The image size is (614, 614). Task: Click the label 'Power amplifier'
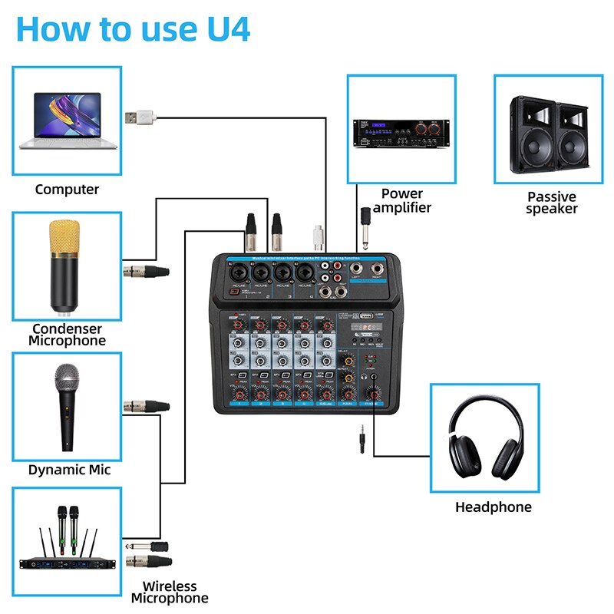pyautogui.click(x=402, y=200)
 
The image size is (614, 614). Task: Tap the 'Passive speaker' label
pyautogui.click(x=551, y=203)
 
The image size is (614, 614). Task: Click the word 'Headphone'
pyautogui.click(x=493, y=507)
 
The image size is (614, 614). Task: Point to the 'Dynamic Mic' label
pyautogui.click(x=69, y=470)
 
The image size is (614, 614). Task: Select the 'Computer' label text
pyautogui.click(x=67, y=189)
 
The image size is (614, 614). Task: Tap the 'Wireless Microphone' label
pyautogui.click(x=169, y=592)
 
